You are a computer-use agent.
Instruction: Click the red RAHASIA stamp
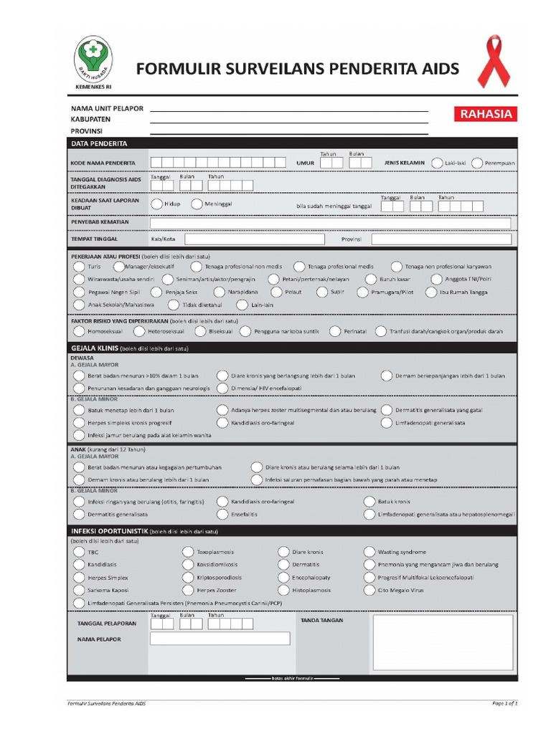tap(486, 114)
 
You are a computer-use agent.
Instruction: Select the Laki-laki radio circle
tap(437, 163)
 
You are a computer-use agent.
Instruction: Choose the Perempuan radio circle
tap(477, 163)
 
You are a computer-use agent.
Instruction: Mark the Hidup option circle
tap(156, 204)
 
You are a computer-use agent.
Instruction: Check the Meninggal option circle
tap(197, 204)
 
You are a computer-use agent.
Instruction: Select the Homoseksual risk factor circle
tap(79, 331)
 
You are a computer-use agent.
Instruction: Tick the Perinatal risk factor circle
tap(334, 331)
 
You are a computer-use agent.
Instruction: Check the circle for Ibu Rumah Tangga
tap(431, 292)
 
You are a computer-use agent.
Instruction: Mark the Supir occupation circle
tap(322, 292)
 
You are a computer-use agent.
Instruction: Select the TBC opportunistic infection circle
tap(79, 552)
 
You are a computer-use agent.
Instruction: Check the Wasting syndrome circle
tap(369, 552)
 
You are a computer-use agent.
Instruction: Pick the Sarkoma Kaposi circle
tap(79, 591)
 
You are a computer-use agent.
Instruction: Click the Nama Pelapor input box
tap(220, 638)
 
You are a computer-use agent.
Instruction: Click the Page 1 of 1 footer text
tap(504, 702)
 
